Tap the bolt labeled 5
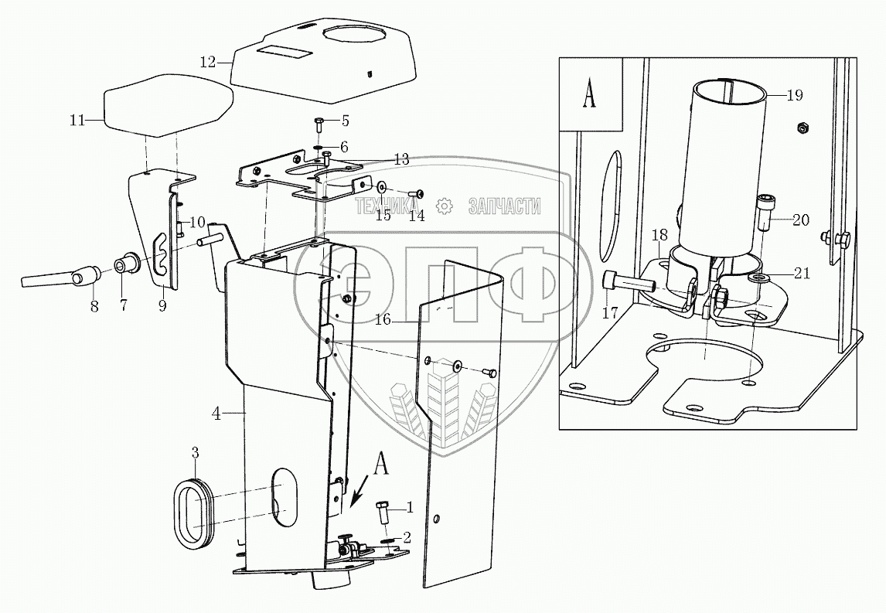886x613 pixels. [320, 122]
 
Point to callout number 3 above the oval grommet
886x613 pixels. [196, 451]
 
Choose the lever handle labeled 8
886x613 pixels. [58, 276]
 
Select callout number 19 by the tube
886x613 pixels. [795, 95]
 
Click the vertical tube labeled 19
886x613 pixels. [727, 162]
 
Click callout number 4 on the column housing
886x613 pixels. [217, 414]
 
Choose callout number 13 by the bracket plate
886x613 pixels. [400, 160]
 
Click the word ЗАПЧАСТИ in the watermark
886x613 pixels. [504, 206]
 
